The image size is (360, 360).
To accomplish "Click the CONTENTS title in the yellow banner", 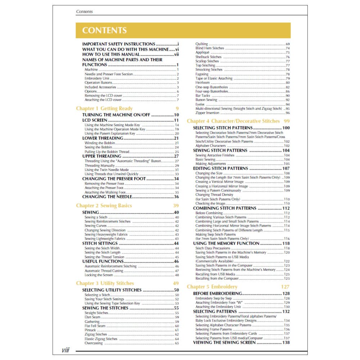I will tap(104, 31).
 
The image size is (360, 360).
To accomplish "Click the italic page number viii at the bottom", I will tap(66, 350).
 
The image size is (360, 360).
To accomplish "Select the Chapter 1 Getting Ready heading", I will tap(104, 108).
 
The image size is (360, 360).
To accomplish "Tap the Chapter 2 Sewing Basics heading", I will tap(104, 206).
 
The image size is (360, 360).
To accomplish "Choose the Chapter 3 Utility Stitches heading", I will tap(105, 283).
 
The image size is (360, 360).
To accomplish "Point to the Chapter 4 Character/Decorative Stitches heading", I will tap(233, 121).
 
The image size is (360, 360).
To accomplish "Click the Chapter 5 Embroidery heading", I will tap(212, 287).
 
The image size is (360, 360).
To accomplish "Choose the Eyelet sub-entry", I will tap(200, 104).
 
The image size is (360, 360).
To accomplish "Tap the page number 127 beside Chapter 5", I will tap(285, 287).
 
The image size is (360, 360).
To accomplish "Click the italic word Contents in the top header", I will tap(84, 12).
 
